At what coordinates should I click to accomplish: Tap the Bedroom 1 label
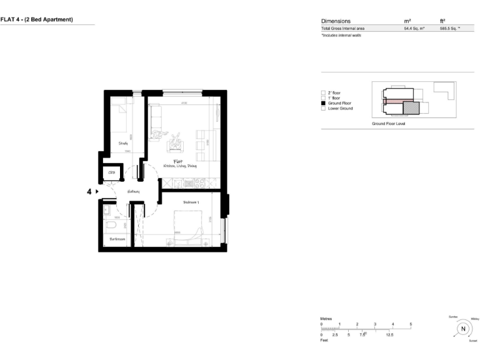pos(191,202)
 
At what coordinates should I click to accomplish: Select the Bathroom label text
pos(117,239)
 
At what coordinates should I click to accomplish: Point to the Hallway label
pos(133,191)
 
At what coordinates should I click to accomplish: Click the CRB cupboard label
pos(112,172)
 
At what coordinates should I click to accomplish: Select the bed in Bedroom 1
pos(187,228)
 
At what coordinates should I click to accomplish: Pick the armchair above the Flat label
pos(176,143)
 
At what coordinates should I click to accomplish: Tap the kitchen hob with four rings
pos(202,182)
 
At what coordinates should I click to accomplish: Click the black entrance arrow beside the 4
pos(97,192)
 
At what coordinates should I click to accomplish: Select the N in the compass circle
pos(462,329)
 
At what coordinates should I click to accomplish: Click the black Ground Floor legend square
pos(323,103)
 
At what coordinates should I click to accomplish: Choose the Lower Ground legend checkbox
pos(323,109)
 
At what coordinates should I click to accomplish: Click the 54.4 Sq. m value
pos(414,29)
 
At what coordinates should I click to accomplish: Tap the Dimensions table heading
pos(336,21)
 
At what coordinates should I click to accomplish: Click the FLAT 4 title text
pos(37,19)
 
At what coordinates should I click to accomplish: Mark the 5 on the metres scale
pos(411,324)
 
